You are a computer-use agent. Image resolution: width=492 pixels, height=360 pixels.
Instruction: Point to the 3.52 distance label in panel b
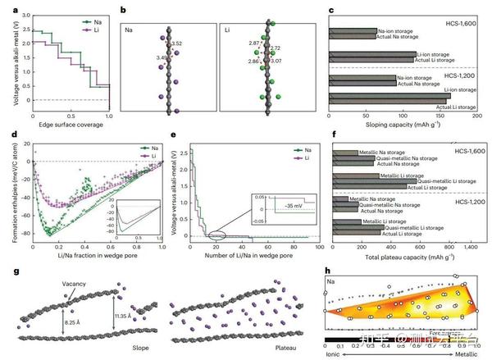point(175,43)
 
